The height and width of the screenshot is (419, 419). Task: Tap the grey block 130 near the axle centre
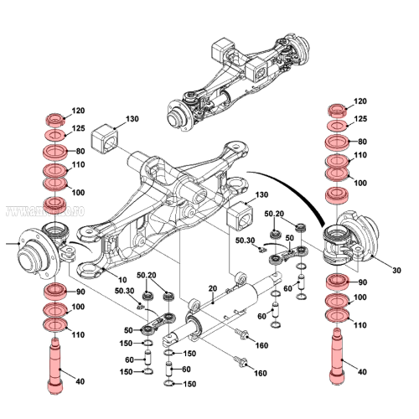coord(240,217)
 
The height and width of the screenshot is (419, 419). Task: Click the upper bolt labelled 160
coord(242,336)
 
